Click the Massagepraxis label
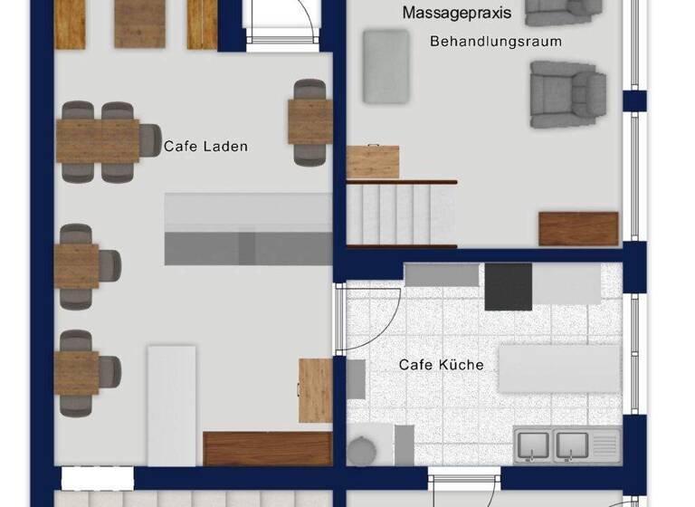click(x=457, y=14)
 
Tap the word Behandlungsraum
click(x=495, y=42)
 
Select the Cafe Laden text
click(x=205, y=146)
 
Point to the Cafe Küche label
click(x=442, y=365)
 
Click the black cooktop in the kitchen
click(x=509, y=286)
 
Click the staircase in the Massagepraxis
click(x=401, y=214)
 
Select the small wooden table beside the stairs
click(x=373, y=161)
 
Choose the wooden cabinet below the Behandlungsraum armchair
click(x=578, y=228)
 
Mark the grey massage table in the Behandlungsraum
click(x=387, y=66)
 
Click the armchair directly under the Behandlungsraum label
click(x=566, y=94)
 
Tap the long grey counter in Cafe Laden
click(x=248, y=229)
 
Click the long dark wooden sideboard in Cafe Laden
click(x=268, y=448)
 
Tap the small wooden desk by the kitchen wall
click(x=316, y=390)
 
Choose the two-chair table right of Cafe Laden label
click(x=309, y=121)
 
